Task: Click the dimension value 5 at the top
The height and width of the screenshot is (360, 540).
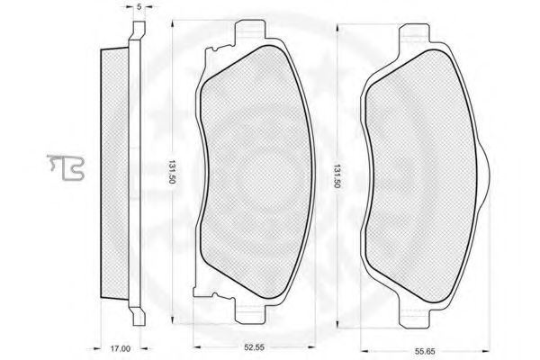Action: (x=139, y=6)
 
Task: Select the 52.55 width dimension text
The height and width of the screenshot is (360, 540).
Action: (x=254, y=347)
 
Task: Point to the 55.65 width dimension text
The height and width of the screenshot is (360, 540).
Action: (x=425, y=351)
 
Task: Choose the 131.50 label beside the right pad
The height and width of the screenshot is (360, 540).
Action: (x=337, y=175)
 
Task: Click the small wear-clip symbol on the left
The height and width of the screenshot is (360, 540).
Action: (x=66, y=167)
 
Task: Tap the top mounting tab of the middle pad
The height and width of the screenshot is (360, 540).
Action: (x=250, y=31)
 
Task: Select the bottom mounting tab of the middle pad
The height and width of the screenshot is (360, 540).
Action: (x=250, y=310)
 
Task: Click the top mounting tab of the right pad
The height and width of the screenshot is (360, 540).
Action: (x=414, y=34)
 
